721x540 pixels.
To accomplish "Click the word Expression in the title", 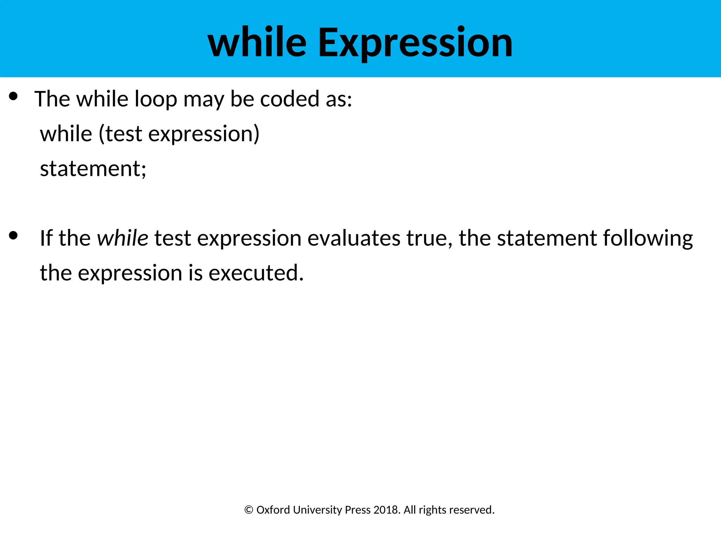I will (415, 43).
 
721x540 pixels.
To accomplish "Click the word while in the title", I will (257, 43).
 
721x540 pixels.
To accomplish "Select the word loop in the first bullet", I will (156, 99).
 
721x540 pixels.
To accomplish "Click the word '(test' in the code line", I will (120, 134).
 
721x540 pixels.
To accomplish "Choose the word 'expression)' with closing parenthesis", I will (203, 135).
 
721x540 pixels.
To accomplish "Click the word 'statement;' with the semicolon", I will (93, 169).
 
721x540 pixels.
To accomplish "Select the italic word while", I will (123, 238).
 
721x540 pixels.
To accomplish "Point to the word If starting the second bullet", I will (46, 238).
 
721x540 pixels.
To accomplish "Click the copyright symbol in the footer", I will (249, 510).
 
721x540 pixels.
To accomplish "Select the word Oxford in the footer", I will (273, 510).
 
